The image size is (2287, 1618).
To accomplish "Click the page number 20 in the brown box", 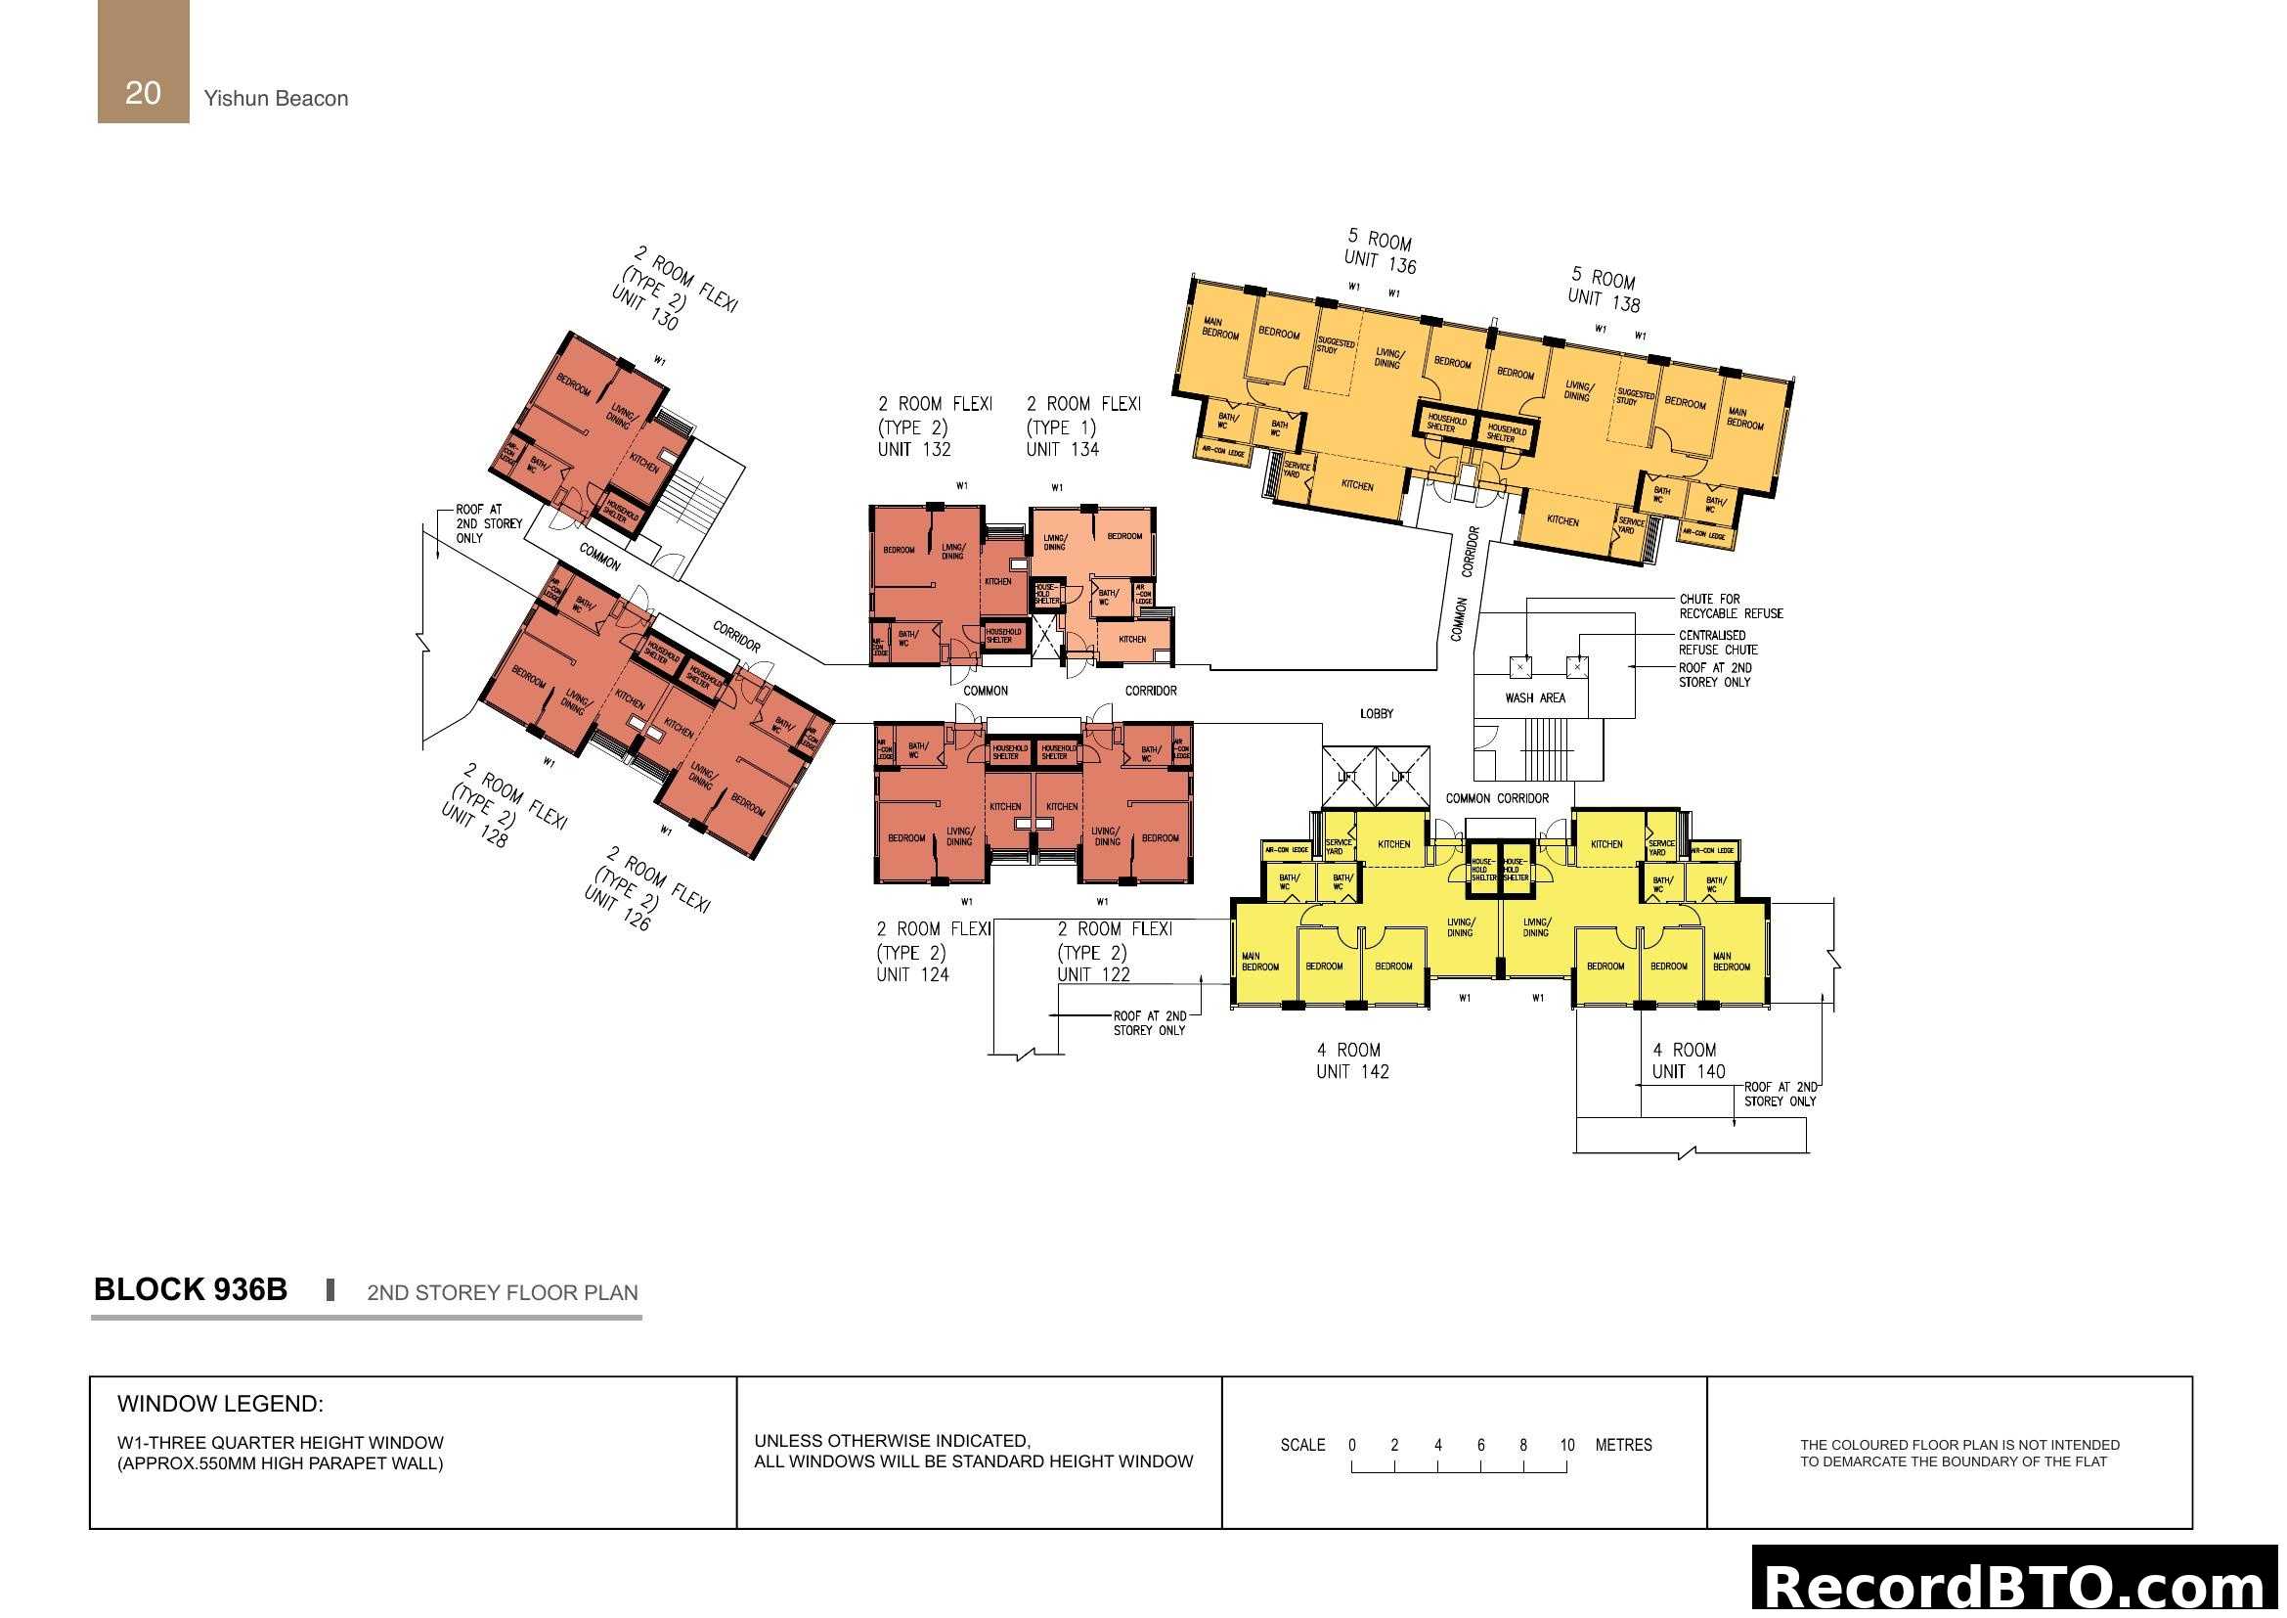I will [x=143, y=93].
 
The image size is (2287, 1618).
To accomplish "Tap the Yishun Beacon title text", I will [x=276, y=99].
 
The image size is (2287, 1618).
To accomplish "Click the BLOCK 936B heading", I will [x=191, y=1289].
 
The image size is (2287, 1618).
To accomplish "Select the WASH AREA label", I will [x=1535, y=698].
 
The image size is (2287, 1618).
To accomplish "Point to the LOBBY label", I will [x=1377, y=714].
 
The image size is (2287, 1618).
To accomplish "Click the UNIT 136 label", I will [x=1380, y=262].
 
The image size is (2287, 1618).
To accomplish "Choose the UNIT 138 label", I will [x=1603, y=300].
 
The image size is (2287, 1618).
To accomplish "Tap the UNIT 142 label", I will [x=1351, y=1072].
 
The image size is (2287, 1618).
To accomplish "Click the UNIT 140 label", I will [x=1689, y=1072].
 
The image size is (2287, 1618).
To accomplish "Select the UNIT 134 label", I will [x=1062, y=449].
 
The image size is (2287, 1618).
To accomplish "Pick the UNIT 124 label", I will [x=912, y=975].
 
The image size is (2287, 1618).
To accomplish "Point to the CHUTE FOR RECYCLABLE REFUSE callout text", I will [x=1731, y=607].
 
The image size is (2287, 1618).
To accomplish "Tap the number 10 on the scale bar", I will [x=1566, y=1445].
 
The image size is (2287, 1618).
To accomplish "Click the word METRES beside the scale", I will [x=1623, y=1445].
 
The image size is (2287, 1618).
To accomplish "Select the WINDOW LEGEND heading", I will [x=220, y=1404].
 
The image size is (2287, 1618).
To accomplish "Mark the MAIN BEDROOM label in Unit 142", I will [x=1260, y=962].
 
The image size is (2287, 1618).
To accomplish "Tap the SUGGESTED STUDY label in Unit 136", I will [x=1335, y=345].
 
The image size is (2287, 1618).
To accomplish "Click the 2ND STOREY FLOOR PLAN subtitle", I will [x=502, y=1292].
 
